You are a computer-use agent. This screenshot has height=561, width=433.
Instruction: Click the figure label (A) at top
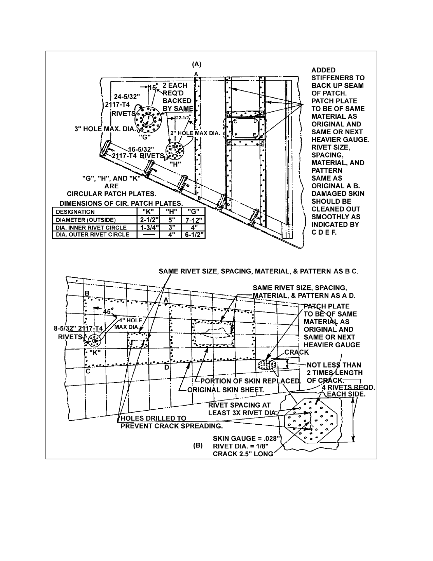(x=197, y=64)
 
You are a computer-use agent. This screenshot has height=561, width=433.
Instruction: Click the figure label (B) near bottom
(x=198, y=446)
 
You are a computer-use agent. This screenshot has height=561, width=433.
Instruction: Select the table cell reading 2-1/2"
(x=148, y=220)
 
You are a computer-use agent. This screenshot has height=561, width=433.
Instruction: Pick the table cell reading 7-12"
(x=194, y=220)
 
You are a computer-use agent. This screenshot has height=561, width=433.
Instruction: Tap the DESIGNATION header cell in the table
(x=95, y=212)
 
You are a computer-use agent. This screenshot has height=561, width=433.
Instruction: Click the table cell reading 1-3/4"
(x=148, y=227)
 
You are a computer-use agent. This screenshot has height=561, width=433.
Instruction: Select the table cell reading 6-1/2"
(x=194, y=235)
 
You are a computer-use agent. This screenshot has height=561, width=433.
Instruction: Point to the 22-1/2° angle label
(x=183, y=117)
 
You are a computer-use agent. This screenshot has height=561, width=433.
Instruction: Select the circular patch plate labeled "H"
(x=175, y=151)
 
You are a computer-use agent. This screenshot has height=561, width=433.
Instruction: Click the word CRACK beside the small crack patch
(x=296, y=352)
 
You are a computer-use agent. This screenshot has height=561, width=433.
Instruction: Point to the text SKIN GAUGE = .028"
(x=246, y=438)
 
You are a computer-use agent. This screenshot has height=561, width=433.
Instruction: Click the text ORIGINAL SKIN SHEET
(x=225, y=390)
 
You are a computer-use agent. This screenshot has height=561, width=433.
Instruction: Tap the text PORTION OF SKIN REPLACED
(x=251, y=381)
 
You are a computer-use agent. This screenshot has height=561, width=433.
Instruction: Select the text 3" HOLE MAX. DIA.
(x=105, y=129)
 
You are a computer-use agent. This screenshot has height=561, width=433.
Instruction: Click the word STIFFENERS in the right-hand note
(x=338, y=78)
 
